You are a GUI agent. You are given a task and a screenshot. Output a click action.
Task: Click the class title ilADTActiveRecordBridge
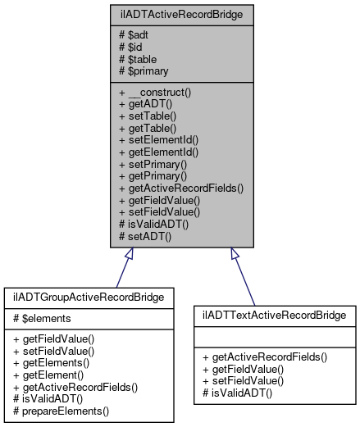point(179,13)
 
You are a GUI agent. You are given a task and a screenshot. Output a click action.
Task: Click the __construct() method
point(154,93)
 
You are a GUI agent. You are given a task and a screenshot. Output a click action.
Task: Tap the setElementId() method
point(158,139)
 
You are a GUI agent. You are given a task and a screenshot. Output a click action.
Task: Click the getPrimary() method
point(153,175)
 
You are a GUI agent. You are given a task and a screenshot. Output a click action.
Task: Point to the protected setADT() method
point(146,234)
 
